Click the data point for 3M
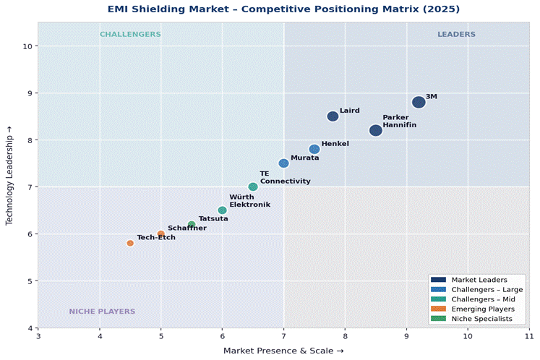pyautogui.click(x=419, y=103)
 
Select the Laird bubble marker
pyautogui.click(x=333, y=116)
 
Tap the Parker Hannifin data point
pyautogui.click(x=376, y=130)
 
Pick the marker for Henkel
pyautogui.click(x=314, y=149)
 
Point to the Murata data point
pyautogui.click(x=283, y=163)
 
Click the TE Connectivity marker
pyautogui.click(x=253, y=187)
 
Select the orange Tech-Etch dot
pyautogui.click(x=130, y=243)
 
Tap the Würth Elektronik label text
pyautogui.click(x=249, y=201)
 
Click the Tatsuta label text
pyautogui.click(x=213, y=218)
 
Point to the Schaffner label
pyautogui.click(x=187, y=228)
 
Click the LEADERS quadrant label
pyautogui.click(x=456, y=35)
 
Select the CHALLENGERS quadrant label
pyautogui.click(x=130, y=35)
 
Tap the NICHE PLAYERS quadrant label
pyautogui.click(x=102, y=312)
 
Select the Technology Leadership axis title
pyautogui.click(x=10, y=175)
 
